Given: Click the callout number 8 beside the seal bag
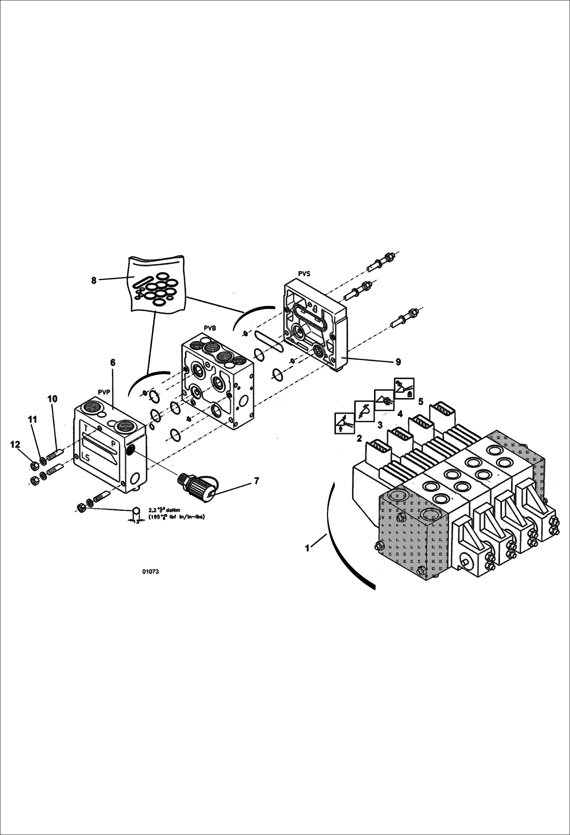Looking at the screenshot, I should (94, 281).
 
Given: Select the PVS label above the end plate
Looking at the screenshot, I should (304, 273).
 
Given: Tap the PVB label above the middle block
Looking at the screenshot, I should (210, 328).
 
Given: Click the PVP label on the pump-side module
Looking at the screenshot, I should (104, 392).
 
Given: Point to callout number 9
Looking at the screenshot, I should (398, 362).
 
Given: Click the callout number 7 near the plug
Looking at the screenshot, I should (256, 481).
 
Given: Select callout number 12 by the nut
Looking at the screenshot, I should (15, 445).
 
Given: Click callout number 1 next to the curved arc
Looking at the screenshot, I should (307, 548).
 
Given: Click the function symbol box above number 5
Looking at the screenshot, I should (404, 388).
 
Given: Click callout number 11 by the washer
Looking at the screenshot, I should (33, 419).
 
